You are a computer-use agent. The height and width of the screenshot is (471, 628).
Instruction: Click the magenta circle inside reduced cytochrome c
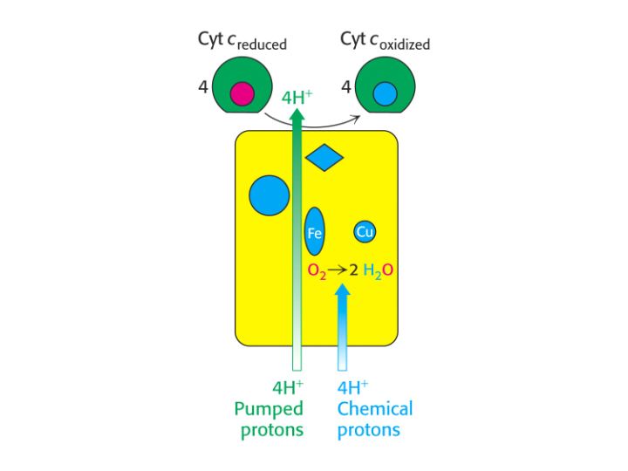click(242, 93)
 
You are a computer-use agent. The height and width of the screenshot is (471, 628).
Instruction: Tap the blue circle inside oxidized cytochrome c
click(385, 93)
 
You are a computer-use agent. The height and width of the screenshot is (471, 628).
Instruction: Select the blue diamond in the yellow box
click(324, 157)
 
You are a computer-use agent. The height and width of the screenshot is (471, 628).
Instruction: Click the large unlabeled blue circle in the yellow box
click(270, 195)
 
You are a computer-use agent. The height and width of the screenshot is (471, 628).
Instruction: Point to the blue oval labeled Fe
click(314, 231)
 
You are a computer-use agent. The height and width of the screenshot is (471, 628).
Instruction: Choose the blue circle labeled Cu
click(365, 231)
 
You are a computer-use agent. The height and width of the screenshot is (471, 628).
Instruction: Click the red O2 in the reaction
click(317, 271)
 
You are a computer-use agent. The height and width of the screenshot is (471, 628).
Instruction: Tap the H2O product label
click(378, 270)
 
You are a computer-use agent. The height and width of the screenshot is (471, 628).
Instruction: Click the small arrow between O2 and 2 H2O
click(337, 270)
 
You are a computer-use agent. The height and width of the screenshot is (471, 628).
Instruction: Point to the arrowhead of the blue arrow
click(343, 290)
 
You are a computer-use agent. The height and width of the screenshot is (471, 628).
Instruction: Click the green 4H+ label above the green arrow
click(297, 98)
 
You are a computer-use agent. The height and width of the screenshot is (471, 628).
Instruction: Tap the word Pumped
click(269, 409)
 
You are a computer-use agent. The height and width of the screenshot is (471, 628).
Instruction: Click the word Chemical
click(375, 408)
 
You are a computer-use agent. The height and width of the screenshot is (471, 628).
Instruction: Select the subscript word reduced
click(262, 44)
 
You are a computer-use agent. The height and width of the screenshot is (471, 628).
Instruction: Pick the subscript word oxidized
click(405, 44)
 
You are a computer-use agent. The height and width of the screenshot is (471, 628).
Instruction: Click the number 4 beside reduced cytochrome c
click(203, 86)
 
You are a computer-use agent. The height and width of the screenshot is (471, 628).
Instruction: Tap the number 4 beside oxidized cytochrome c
click(346, 86)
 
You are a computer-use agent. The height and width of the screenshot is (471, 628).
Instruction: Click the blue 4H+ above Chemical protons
click(353, 387)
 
